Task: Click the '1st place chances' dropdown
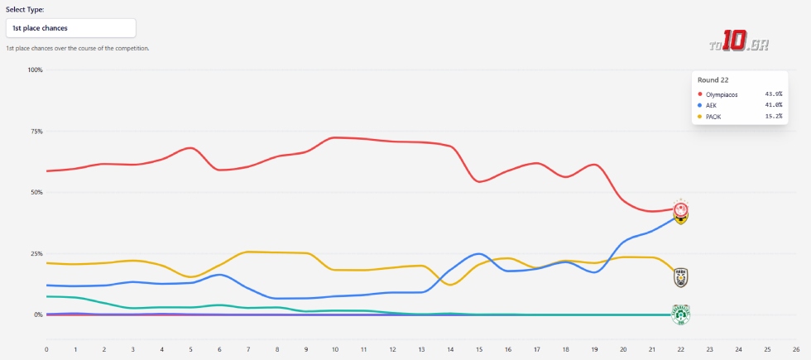click(x=70, y=27)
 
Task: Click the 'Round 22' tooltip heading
click(x=713, y=80)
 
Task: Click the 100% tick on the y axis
click(x=35, y=70)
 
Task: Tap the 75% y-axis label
click(x=36, y=131)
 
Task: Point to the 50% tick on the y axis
click(x=36, y=192)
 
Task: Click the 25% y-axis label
click(x=36, y=253)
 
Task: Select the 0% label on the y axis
click(x=37, y=314)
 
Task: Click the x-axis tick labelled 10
click(x=334, y=348)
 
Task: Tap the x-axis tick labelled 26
click(x=795, y=348)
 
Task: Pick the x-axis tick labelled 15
click(x=479, y=348)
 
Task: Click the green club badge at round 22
click(x=681, y=314)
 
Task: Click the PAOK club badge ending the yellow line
click(x=681, y=277)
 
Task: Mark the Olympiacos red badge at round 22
click(x=681, y=209)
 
